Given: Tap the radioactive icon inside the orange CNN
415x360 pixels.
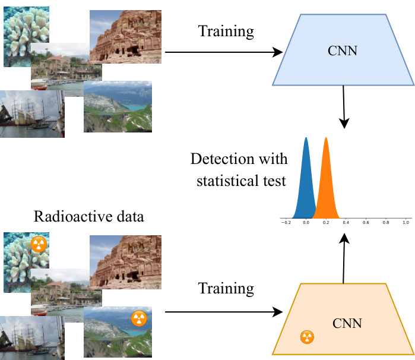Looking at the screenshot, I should (x=307, y=337).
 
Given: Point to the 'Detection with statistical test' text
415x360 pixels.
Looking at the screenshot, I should (x=239, y=170).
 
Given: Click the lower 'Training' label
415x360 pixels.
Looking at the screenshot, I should (x=226, y=289).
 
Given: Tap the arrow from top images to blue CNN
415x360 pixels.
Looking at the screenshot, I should (x=223, y=52).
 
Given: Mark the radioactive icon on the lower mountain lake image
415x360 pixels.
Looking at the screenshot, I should (x=138, y=318).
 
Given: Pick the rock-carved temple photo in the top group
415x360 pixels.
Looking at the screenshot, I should (x=126, y=36).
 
